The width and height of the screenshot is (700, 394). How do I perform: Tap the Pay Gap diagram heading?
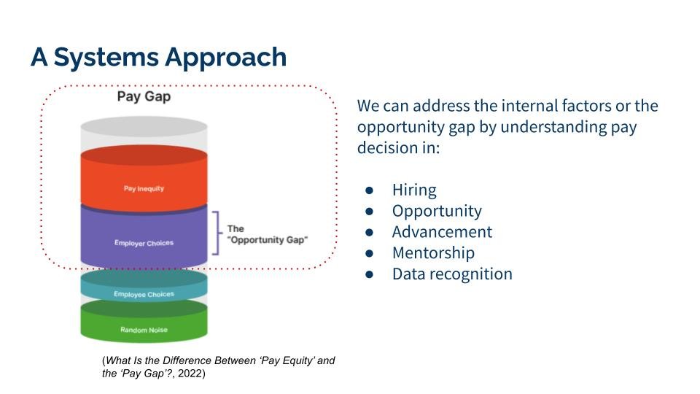tap(144, 96)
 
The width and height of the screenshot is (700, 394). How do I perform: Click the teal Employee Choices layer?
tap(144, 293)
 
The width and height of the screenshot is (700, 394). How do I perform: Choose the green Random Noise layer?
tap(144, 330)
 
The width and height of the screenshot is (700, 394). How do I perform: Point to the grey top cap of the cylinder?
tap(144, 128)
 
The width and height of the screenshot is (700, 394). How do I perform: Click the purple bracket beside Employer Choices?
tap(216, 233)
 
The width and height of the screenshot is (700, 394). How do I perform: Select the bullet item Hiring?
tap(414, 190)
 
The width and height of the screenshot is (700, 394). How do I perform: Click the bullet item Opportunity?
tap(437, 212)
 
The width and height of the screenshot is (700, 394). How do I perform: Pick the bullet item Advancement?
tap(442, 232)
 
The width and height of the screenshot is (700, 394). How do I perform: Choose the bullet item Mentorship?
tap(433, 253)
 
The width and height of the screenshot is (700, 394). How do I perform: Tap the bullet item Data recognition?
tap(452, 274)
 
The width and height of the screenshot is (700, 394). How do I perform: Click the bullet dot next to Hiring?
tap(370, 190)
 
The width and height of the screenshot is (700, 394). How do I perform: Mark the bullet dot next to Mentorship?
tap(370, 253)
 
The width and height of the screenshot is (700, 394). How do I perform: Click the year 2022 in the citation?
tap(192, 374)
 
